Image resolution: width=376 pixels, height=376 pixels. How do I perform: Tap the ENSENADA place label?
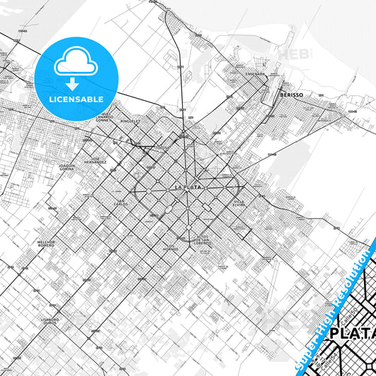[x=255, y=73]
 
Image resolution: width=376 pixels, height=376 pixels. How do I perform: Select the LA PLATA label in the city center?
[x=188, y=188]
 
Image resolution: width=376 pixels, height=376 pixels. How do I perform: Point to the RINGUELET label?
[x=131, y=121]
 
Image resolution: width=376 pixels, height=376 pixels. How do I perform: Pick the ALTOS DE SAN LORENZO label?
[x=202, y=238]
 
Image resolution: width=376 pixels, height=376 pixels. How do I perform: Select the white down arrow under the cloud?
[x=73, y=84]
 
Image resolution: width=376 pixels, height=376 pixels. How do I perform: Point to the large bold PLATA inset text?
[x=353, y=333]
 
